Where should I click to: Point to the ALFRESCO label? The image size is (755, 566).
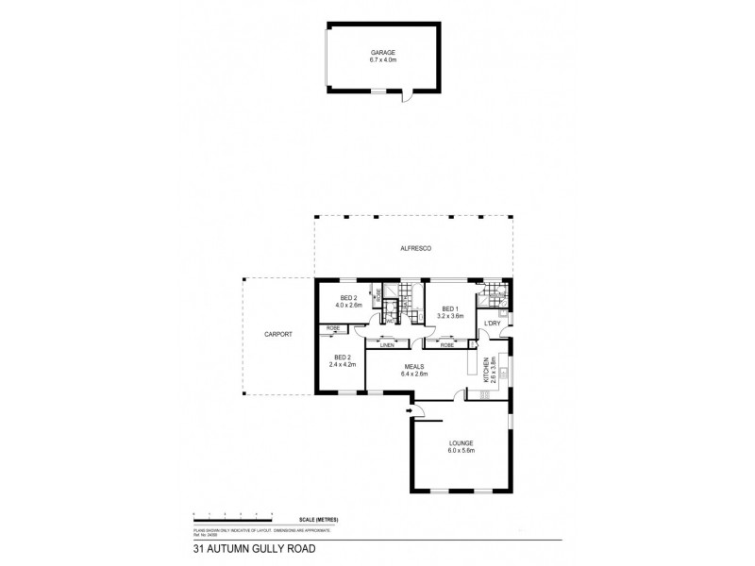point(415,247)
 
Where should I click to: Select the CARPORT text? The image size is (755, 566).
point(278,335)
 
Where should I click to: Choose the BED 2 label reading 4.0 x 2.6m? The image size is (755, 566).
point(348,302)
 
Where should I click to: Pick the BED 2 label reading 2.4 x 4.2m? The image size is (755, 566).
point(341,360)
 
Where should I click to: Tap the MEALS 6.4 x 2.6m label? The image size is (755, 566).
point(414,370)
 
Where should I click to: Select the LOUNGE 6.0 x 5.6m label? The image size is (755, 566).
point(461,447)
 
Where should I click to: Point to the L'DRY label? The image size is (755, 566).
point(492,325)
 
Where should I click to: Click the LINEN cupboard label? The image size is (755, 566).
point(386,346)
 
